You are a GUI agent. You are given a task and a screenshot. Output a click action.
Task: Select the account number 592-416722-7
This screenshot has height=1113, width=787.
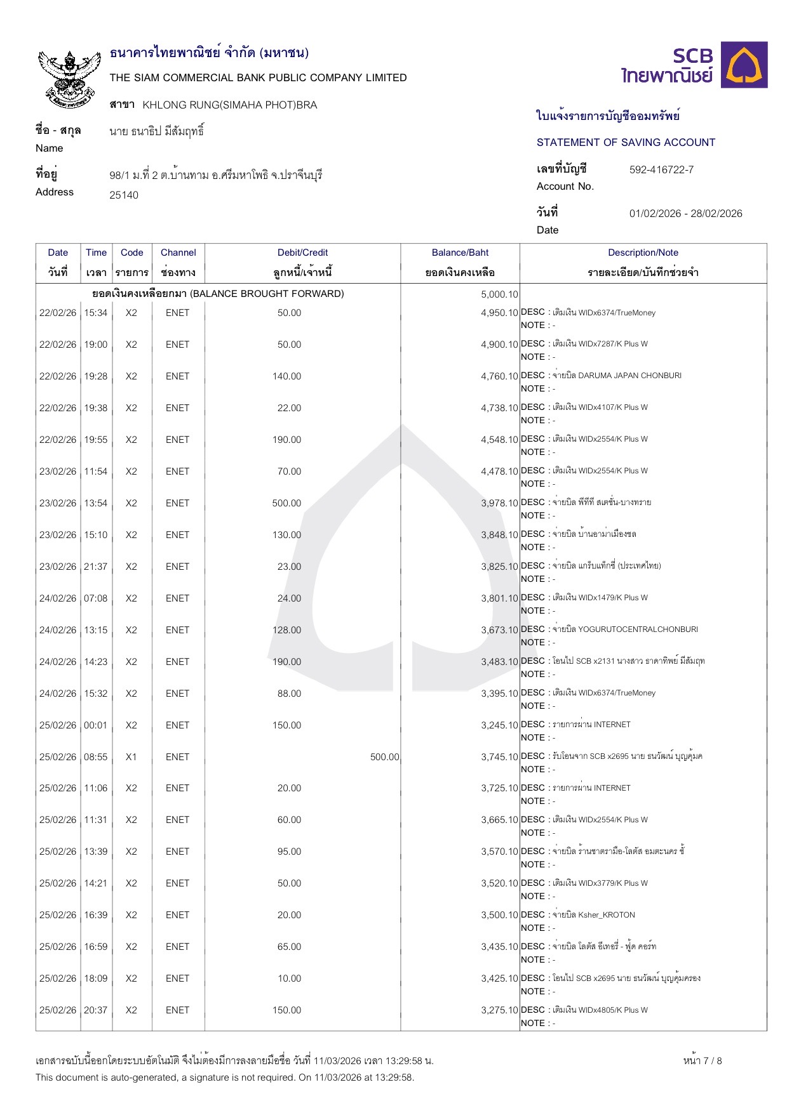tap(661, 169)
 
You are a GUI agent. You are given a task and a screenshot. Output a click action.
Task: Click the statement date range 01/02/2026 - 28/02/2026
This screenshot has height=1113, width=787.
tap(685, 213)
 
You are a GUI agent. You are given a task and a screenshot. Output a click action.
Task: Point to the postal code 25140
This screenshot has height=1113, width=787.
tap(124, 195)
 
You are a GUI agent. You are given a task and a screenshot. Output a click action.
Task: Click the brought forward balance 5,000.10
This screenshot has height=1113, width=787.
tap(499, 294)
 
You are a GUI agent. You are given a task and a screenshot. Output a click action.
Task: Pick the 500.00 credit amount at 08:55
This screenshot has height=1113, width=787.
tap(384, 757)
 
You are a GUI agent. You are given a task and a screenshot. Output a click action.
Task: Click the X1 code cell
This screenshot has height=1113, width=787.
tap(131, 757)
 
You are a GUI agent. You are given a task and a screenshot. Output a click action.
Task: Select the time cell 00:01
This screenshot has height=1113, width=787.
tap(96, 725)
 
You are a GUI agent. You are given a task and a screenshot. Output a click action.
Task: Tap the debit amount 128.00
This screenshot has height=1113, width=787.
tap(286, 630)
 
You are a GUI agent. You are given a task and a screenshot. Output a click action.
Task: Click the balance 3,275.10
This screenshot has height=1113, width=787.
tap(499, 1010)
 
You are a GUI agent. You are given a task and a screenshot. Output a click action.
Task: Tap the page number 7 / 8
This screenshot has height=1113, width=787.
tap(703, 1060)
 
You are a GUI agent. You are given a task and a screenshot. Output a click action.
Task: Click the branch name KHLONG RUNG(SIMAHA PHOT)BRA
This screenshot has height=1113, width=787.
tap(229, 105)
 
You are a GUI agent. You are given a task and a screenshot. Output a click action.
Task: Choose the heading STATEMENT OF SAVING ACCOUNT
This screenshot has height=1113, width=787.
tap(626, 142)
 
